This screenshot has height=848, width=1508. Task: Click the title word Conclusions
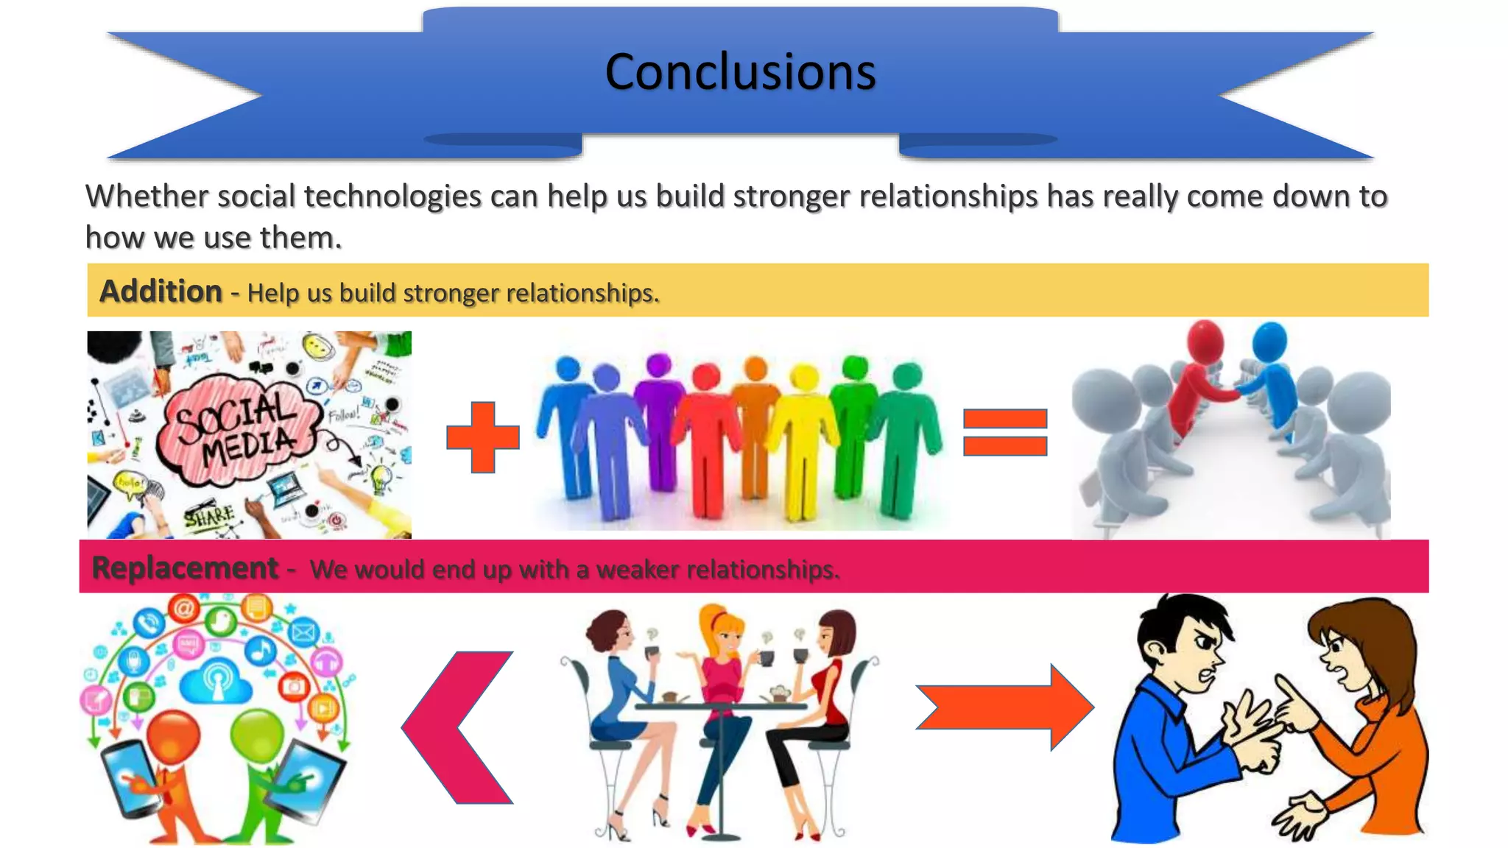click(x=740, y=72)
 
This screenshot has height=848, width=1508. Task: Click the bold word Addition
click(x=161, y=291)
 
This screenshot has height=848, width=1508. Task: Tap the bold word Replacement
click(x=185, y=568)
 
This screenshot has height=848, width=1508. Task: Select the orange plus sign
click(x=483, y=437)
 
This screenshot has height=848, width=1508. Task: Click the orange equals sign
click(x=1005, y=433)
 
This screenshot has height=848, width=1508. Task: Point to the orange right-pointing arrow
click(x=1006, y=707)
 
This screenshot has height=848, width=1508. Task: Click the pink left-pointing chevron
click(x=457, y=727)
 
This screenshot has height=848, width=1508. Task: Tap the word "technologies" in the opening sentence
click(x=392, y=197)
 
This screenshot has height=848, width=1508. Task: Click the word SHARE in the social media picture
click(x=209, y=517)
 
